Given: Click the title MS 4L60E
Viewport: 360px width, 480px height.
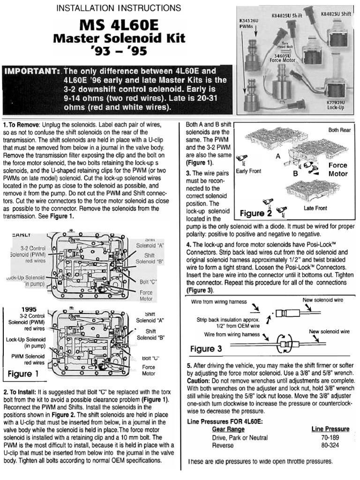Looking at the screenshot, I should [119, 24].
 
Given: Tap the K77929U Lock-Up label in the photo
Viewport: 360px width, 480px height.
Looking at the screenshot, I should [336, 104].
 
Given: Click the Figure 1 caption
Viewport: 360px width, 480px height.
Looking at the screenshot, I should [23, 374].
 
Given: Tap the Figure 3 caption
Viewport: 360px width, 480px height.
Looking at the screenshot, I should [206, 349].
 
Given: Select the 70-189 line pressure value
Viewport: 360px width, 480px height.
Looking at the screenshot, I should [330, 437].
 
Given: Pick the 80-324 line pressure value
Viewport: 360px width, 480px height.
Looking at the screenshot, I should [330, 445].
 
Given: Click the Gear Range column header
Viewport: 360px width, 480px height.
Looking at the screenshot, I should [228, 429].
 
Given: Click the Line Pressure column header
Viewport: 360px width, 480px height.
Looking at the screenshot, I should [330, 429].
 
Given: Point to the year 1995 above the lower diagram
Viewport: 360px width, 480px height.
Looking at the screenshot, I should [29, 309].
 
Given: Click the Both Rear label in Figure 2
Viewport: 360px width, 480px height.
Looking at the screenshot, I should [339, 130].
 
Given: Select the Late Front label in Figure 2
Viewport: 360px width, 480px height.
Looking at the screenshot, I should [315, 208].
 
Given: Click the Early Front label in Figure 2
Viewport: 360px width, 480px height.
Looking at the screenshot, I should [248, 171].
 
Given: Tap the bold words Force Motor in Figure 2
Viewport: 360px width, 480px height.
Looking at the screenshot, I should [337, 169].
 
